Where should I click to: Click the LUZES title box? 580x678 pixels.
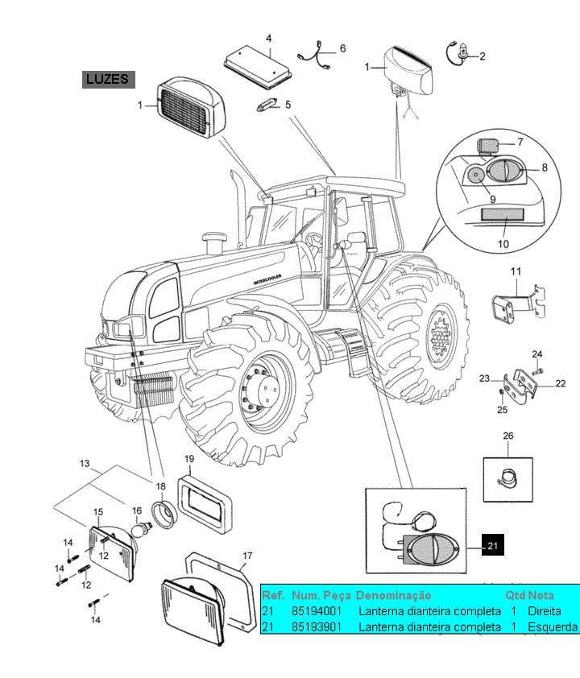coord(107,79)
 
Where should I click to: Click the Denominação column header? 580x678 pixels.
coord(393,596)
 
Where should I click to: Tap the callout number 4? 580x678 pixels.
coord(268,38)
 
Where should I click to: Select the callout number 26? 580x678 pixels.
coord(507,436)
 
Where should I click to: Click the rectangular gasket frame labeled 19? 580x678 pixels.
coord(205,504)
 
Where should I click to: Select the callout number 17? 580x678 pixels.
coord(247,555)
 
